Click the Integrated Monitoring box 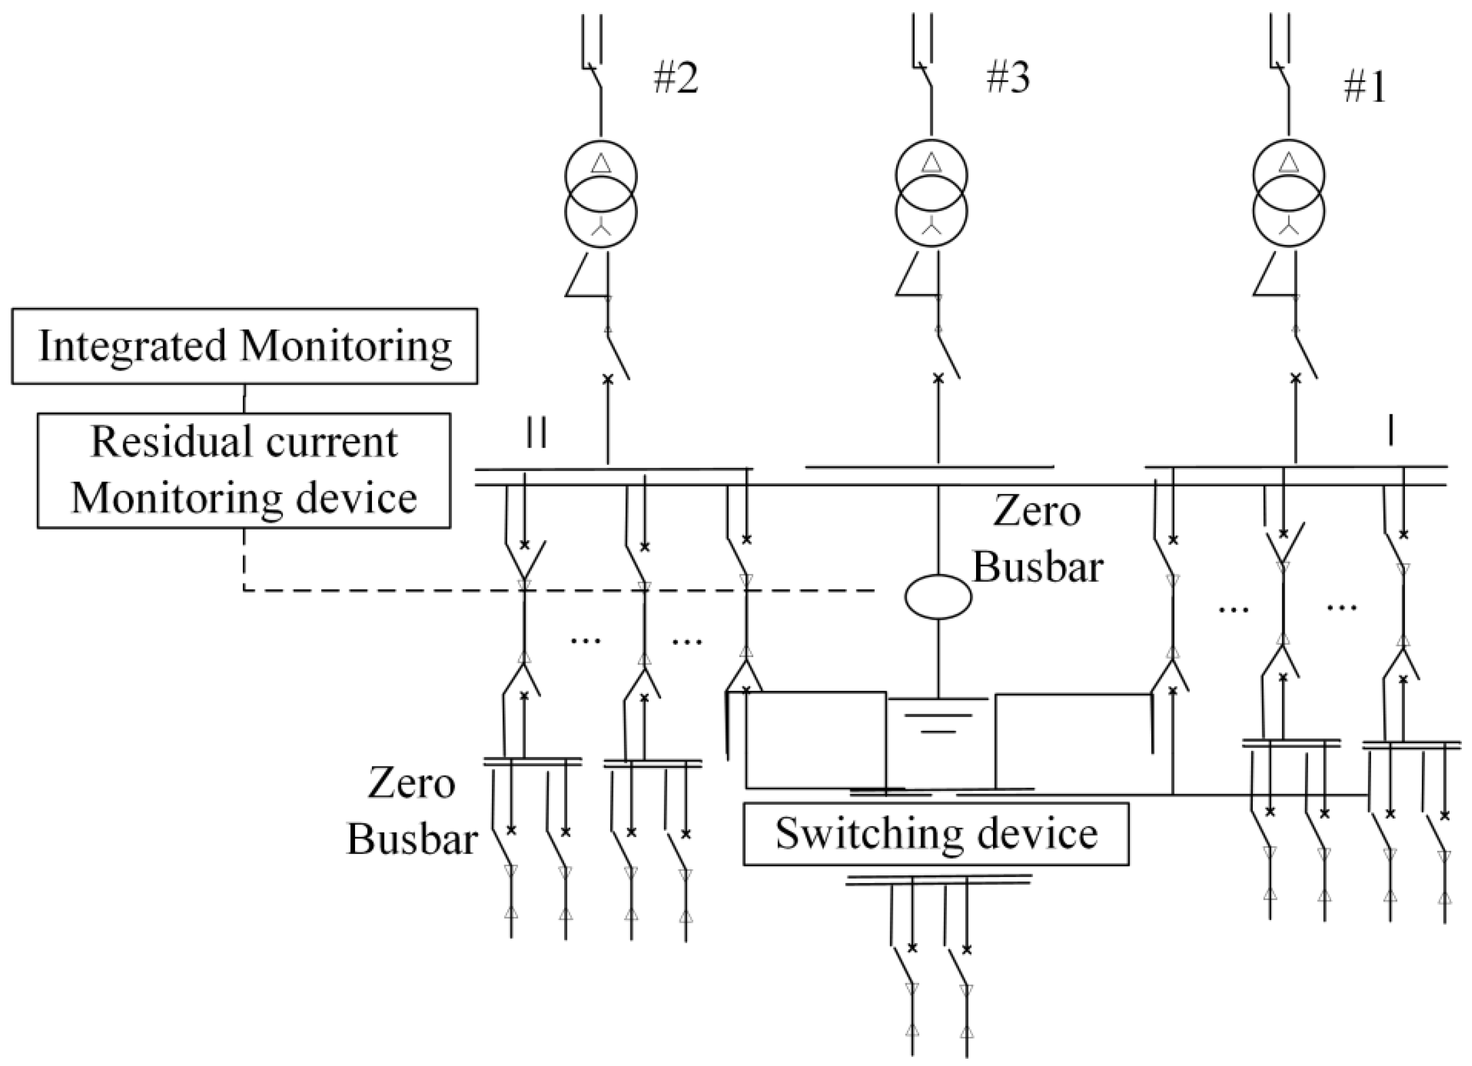point(245,346)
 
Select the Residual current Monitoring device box point(243,470)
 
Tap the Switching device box point(936,834)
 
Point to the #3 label point(1008,78)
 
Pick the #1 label point(1364,87)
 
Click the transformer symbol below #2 point(600,194)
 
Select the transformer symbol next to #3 point(932,194)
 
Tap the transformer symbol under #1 point(1288,194)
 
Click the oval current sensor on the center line point(938,596)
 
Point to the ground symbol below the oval point(938,714)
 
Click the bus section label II point(536,432)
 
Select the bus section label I point(1390,431)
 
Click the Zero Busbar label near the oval point(1037,539)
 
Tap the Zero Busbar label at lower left point(411,812)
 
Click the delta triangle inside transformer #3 point(932,162)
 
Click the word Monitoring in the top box point(345,346)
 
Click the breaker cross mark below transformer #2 point(608,378)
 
